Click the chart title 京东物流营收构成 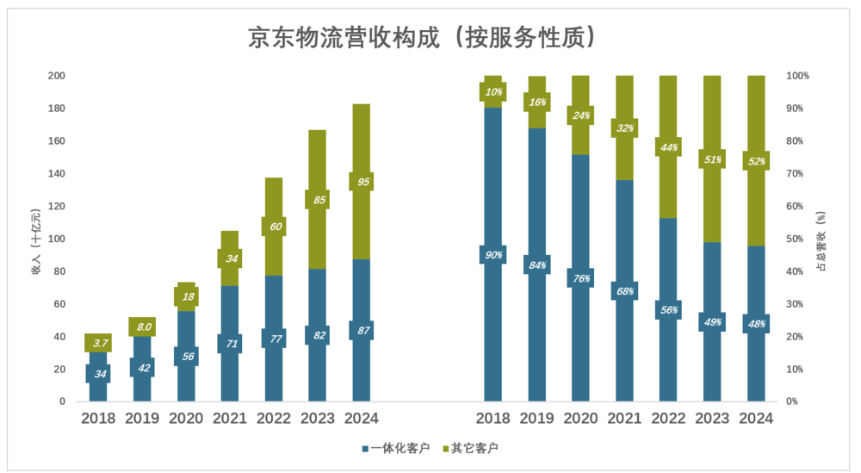pyautogui.click(x=422, y=38)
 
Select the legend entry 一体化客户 pyautogui.click(x=399, y=449)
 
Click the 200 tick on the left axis pyautogui.click(x=56, y=76)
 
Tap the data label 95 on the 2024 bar pyautogui.click(x=362, y=182)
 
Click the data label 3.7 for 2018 pyautogui.click(x=100, y=343)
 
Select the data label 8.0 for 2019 pyautogui.click(x=143, y=327)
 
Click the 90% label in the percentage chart pyautogui.click(x=493, y=255)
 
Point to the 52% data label pyautogui.click(x=757, y=161)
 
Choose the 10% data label pyautogui.click(x=493, y=92)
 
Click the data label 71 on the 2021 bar pyautogui.click(x=230, y=344)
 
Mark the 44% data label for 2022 pyautogui.click(x=669, y=147)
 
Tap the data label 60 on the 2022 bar pyautogui.click(x=274, y=227)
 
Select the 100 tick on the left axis pyautogui.click(x=56, y=239)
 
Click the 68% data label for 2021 pyautogui.click(x=625, y=291)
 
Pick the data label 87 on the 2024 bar pyautogui.click(x=362, y=330)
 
